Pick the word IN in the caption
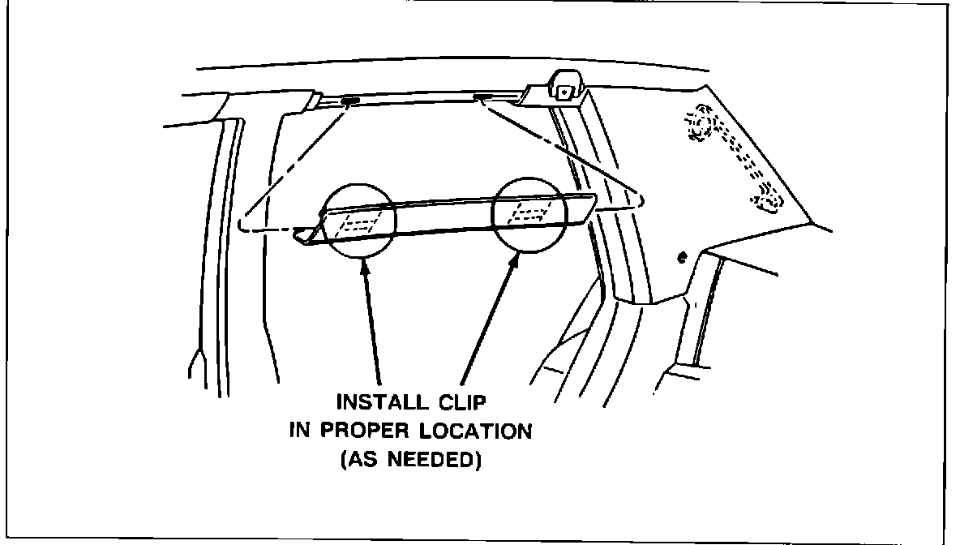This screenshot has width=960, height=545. click(300, 431)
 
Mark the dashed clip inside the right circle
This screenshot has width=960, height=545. click(528, 213)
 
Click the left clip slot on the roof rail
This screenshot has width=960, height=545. click(351, 102)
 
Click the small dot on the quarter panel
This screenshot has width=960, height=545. click(681, 258)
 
